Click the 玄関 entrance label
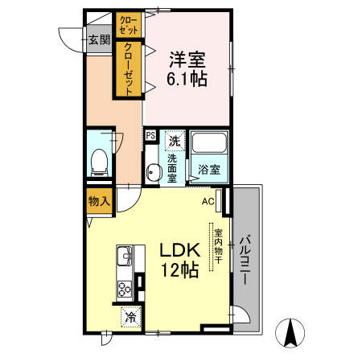coord(99,39)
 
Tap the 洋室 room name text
coord(187,59)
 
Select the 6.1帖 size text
coord(187,79)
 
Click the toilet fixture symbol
coord(100,161)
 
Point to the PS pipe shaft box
coord(150,136)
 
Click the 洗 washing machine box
coord(174,141)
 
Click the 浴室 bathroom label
coord(208,171)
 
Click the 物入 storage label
coord(99,201)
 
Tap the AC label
coord(208,201)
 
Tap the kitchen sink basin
coord(125,258)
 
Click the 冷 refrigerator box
coord(130,317)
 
